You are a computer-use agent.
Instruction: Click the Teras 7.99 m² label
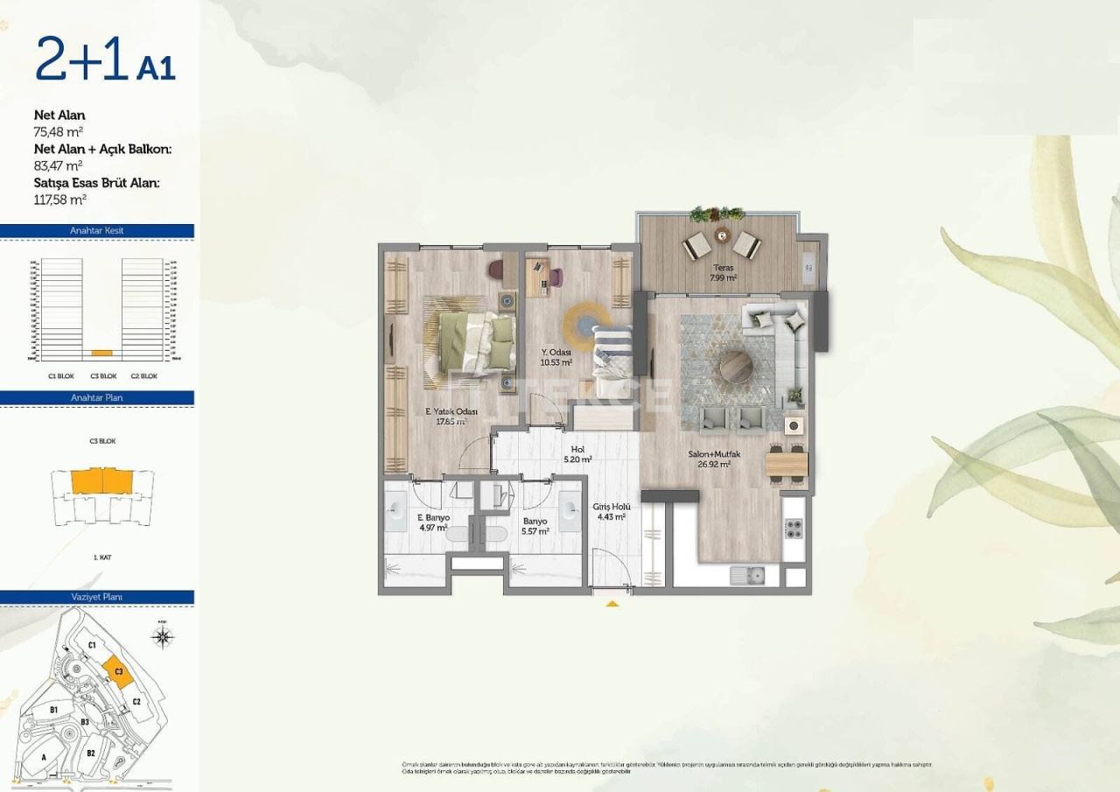point(722,273)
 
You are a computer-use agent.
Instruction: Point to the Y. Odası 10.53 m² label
point(556,357)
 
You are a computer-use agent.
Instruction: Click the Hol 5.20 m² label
point(577,452)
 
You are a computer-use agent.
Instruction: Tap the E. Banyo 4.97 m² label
point(432,522)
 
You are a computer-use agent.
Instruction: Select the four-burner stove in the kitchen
point(794,529)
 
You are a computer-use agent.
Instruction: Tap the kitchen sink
point(748,575)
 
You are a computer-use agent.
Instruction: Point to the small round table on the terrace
point(722,234)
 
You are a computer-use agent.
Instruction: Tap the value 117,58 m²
point(59,199)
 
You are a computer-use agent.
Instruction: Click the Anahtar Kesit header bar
point(96,231)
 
